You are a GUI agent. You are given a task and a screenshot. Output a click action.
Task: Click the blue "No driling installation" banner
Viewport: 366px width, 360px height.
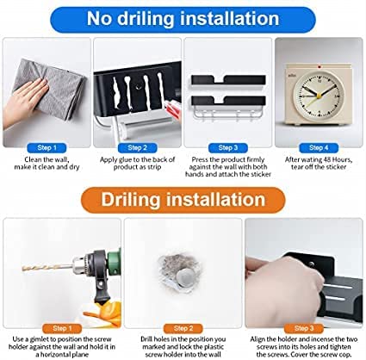click(183, 20)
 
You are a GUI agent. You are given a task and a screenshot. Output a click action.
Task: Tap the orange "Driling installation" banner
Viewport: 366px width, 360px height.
click(183, 200)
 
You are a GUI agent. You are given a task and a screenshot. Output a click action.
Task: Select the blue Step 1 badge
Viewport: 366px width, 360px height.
click(47, 148)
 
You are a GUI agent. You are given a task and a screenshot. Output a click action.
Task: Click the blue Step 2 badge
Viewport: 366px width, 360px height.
click(137, 148)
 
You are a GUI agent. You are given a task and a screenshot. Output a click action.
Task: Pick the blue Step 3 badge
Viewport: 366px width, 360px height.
click(228, 148)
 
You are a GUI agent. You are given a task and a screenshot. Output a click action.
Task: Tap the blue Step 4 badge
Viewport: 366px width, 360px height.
click(319, 148)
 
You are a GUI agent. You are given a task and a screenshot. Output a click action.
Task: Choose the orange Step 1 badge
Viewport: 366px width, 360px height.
click(62, 328)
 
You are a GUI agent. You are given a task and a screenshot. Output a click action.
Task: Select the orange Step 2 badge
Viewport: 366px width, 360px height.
click(183, 328)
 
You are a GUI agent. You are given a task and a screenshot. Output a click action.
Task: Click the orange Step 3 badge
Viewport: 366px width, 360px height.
click(304, 328)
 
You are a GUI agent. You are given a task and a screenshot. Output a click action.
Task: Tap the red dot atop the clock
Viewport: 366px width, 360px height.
click(319, 66)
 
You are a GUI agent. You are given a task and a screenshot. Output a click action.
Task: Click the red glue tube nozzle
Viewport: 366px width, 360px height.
click(173, 110)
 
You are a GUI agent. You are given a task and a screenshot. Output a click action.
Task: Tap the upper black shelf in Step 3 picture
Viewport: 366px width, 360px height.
click(228, 79)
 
